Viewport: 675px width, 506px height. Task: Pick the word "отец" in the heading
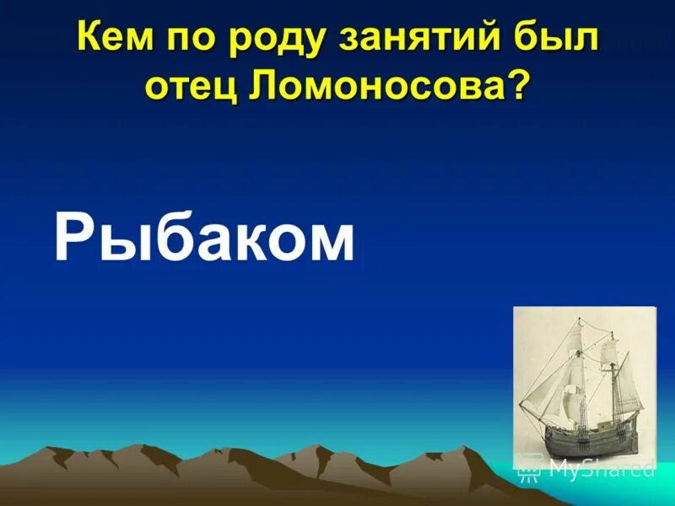click(192, 87)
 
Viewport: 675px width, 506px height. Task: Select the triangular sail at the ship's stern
click(624, 379)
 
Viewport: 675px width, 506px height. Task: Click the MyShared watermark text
click(600, 468)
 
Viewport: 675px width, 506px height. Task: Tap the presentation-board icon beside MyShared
click(529, 466)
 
